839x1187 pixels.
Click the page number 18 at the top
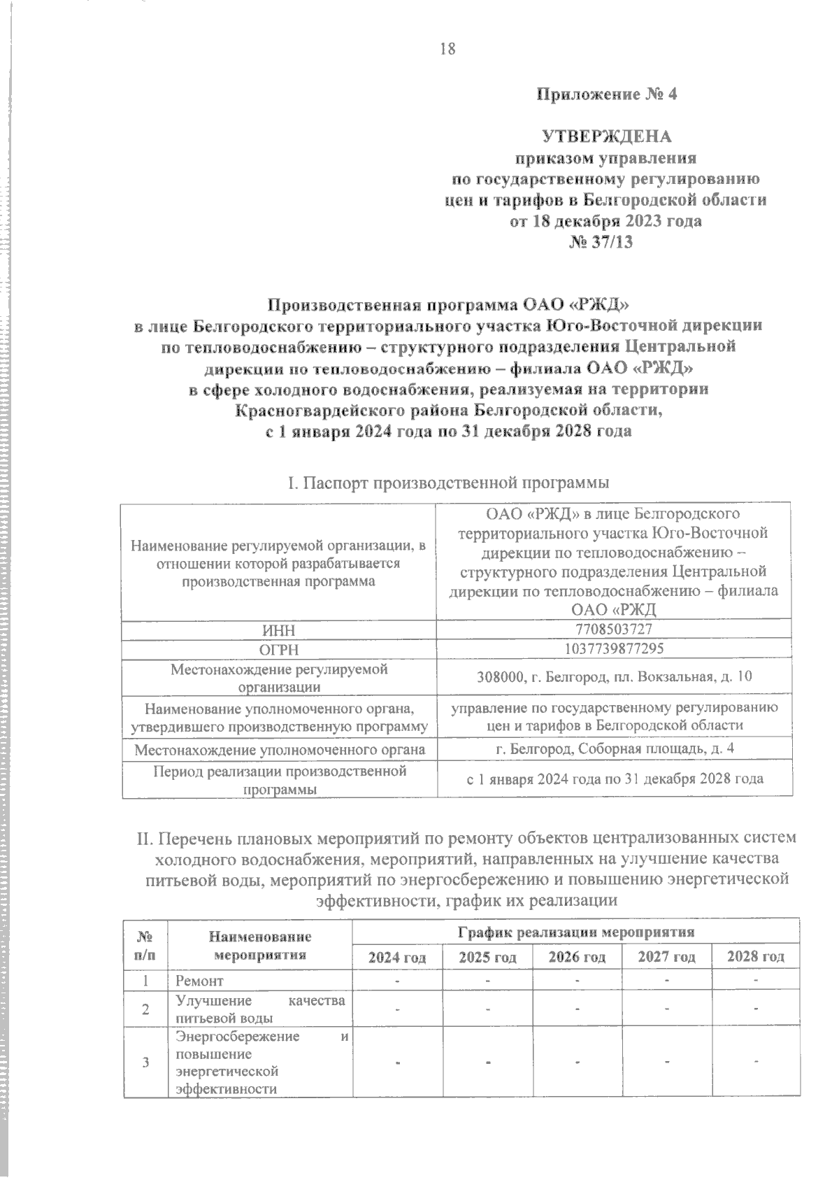[x=447, y=49]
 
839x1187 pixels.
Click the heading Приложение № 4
[x=606, y=94]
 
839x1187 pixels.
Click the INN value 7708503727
[x=615, y=629]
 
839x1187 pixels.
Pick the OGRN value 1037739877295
[x=615, y=648]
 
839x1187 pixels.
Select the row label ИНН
[x=279, y=630]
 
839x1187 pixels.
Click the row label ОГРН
[x=279, y=650]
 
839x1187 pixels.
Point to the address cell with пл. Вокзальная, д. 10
[x=615, y=676]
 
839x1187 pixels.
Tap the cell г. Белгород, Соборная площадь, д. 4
[x=615, y=748]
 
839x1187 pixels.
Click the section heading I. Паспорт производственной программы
[x=447, y=483]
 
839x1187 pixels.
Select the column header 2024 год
[x=397, y=957]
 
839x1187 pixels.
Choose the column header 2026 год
[x=577, y=957]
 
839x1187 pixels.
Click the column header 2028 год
[x=755, y=957]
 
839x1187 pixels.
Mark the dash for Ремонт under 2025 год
[x=487, y=981]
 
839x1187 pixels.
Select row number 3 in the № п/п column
[x=145, y=1063]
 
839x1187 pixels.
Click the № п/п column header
[x=145, y=945]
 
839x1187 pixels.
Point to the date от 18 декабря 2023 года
[x=606, y=222]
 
